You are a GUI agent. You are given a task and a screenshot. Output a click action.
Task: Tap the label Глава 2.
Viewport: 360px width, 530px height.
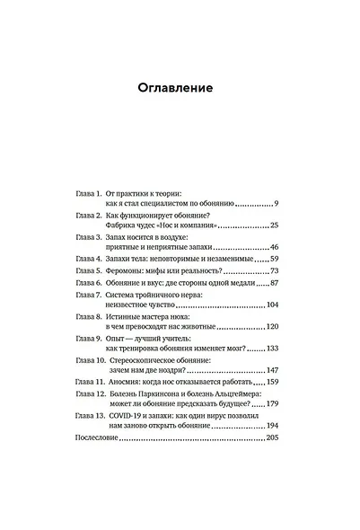click(87, 216)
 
